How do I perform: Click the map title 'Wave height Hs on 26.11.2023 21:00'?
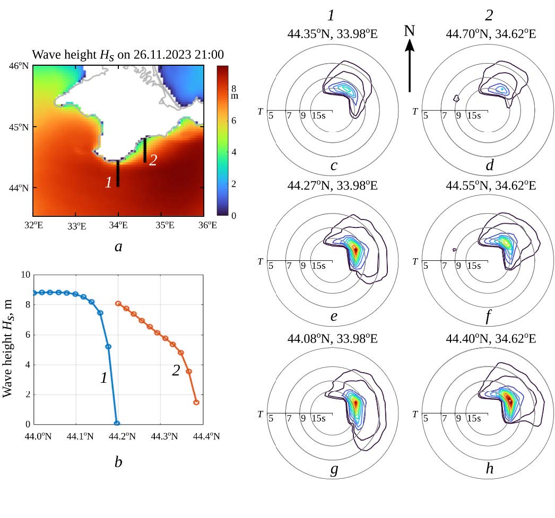(x=127, y=55)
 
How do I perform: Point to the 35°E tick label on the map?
(x=166, y=225)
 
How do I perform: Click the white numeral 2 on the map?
(x=153, y=160)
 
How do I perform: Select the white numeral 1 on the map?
(x=108, y=182)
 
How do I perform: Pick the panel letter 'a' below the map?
(x=118, y=245)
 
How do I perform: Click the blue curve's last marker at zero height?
(x=117, y=423)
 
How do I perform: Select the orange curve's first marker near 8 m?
(x=118, y=304)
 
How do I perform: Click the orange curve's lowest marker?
(x=196, y=402)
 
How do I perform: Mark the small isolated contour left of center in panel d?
(x=456, y=98)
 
